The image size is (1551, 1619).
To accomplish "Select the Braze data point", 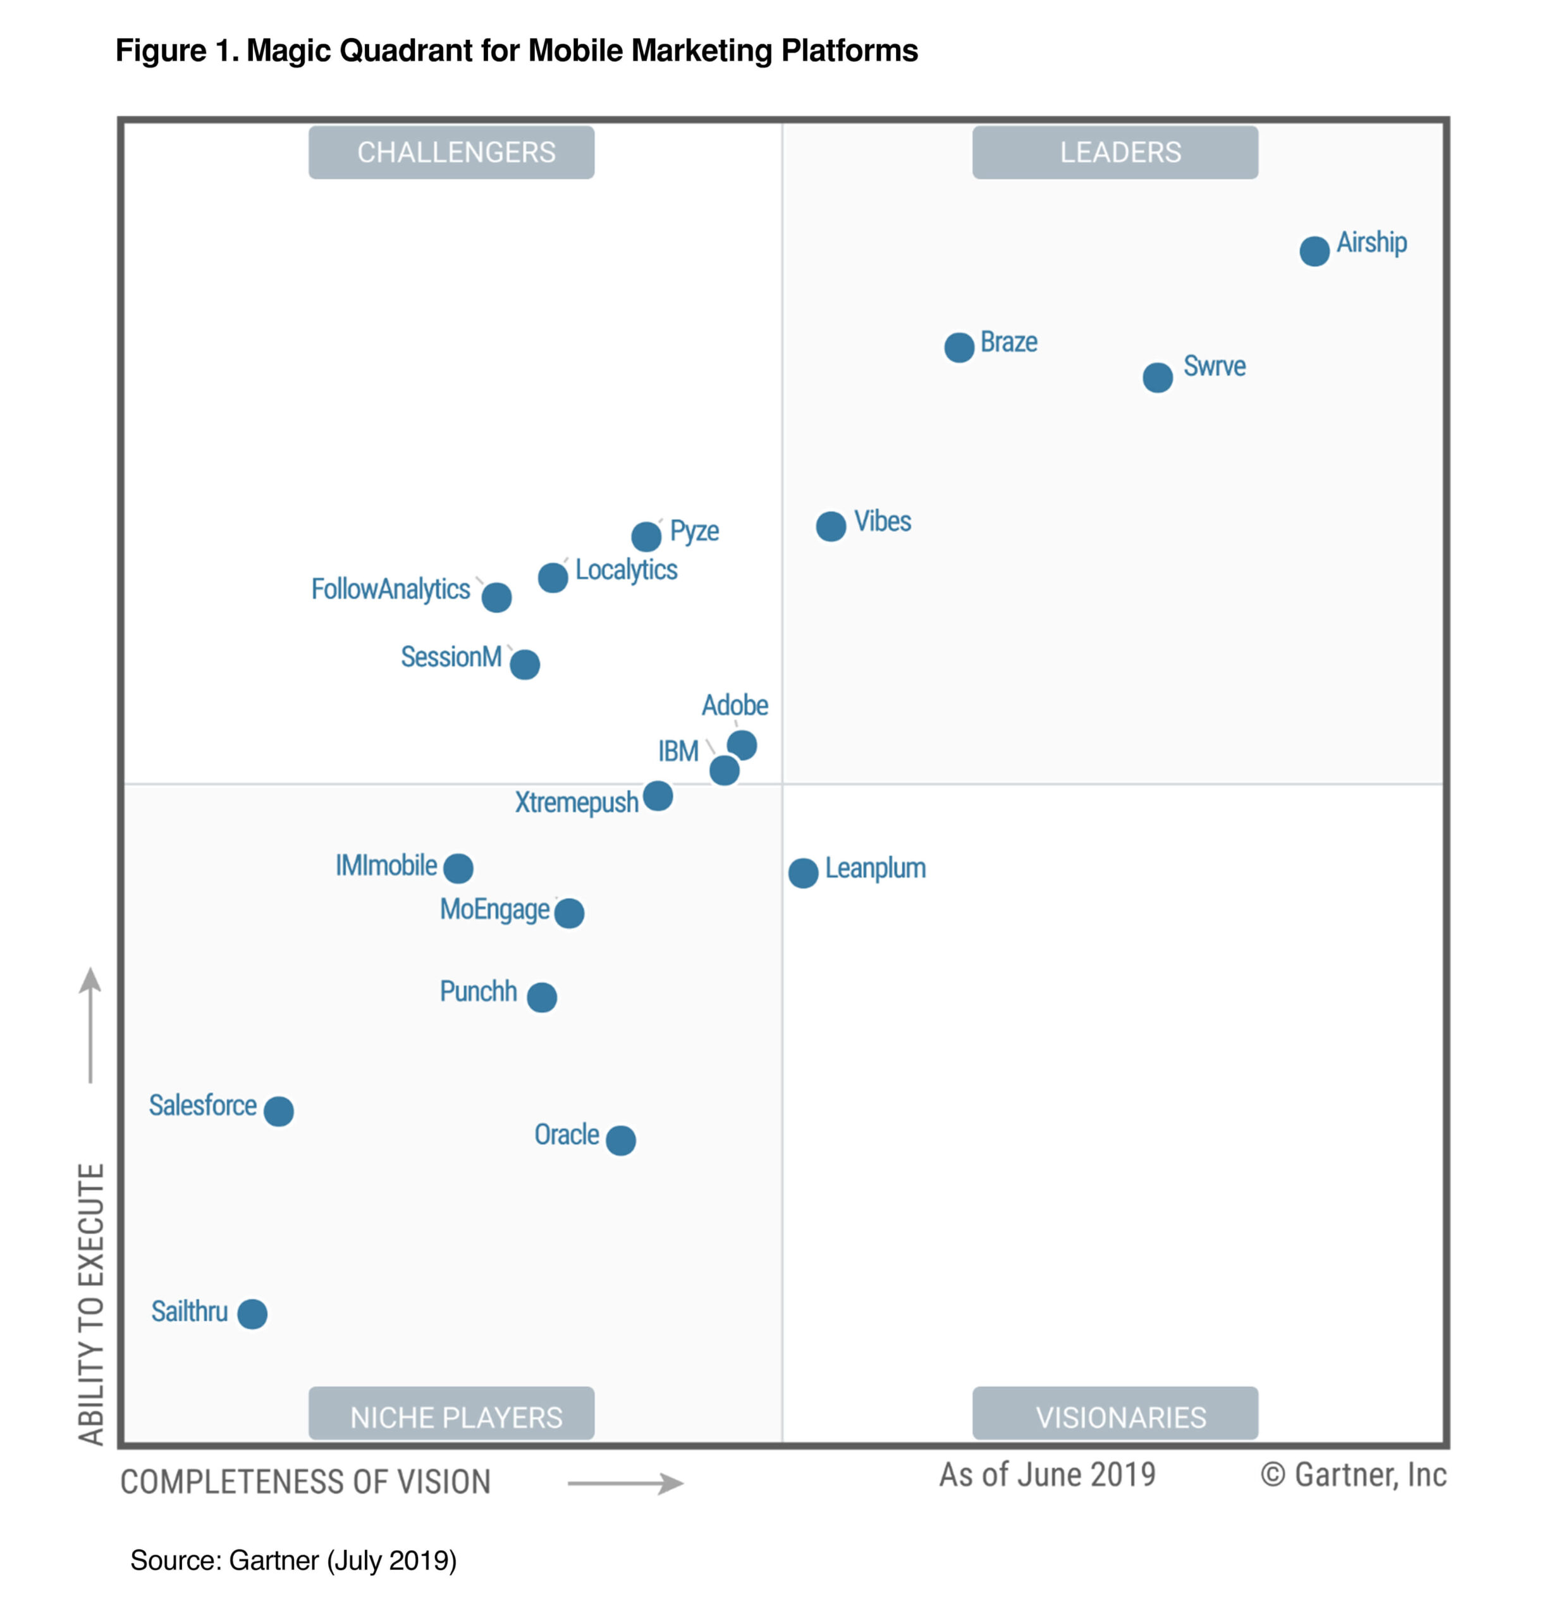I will click(x=959, y=348).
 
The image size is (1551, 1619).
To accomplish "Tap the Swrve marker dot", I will click(x=1157, y=378).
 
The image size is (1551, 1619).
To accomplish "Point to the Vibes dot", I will click(x=831, y=526).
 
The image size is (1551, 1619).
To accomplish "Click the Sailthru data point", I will click(x=252, y=1314).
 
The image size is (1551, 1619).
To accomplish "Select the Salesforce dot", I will click(x=278, y=1111).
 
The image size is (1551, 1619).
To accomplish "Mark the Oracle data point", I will click(x=620, y=1140).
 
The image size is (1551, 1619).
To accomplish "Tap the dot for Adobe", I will click(x=742, y=745).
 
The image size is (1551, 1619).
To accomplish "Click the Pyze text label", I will click(x=694, y=531).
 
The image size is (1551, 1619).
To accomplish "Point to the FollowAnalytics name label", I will click(x=390, y=589).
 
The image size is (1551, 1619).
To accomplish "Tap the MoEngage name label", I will click(x=494, y=909).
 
